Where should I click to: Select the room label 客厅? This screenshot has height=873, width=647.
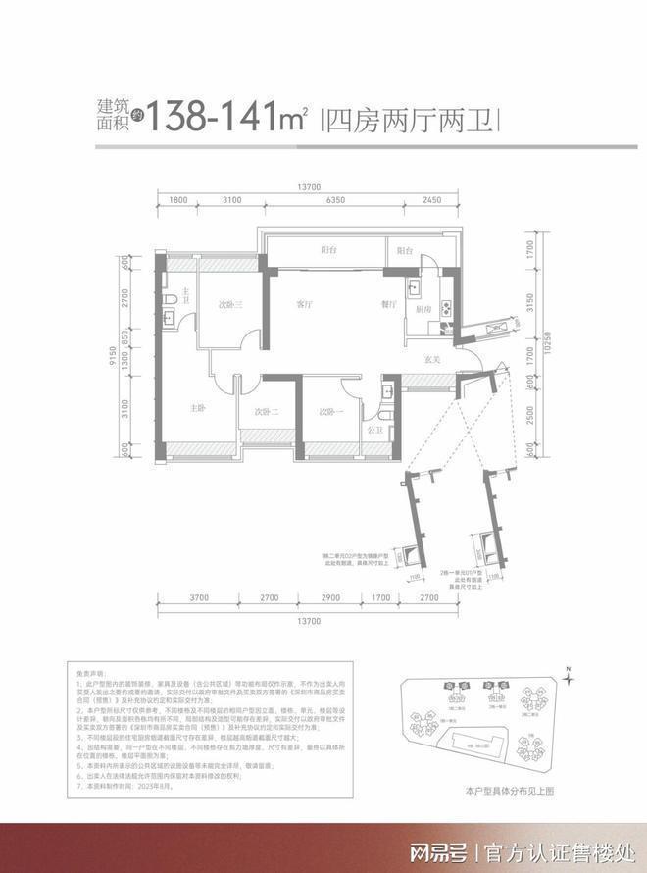tap(305, 304)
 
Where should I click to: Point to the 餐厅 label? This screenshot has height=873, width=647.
tap(389, 304)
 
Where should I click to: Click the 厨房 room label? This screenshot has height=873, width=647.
tap(423, 309)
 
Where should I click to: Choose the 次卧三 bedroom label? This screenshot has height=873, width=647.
tap(230, 305)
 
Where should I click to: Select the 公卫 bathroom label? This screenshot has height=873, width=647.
tap(374, 429)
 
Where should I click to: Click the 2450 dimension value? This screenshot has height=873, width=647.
tap(433, 200)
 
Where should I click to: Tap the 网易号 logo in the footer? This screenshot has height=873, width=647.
tap(438, 850)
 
